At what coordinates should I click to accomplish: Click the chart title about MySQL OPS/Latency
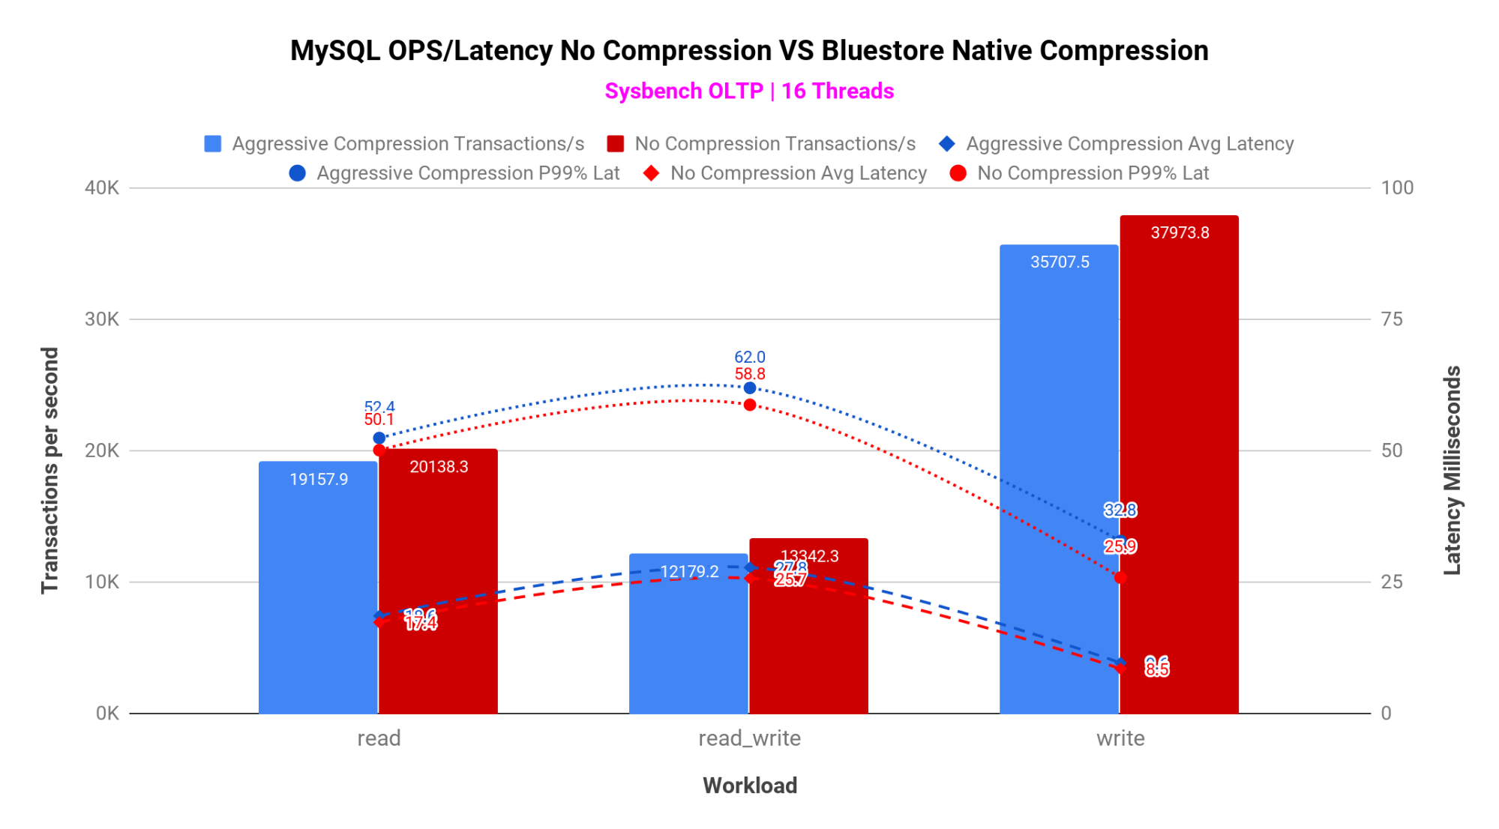click(749, 51)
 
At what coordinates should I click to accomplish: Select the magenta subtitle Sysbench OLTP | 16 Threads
click(749, 91)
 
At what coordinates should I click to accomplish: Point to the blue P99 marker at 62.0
click(750, 388)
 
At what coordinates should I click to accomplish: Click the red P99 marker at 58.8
click(750, 405)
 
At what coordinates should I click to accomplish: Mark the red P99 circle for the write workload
click(1120, 577)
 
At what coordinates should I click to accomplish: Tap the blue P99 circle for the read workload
click(379, 438)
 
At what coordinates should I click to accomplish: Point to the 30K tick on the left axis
click(102, 319)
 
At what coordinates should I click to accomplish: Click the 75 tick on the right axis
click(1392, 319)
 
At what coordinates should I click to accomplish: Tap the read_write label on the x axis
click(749, 738)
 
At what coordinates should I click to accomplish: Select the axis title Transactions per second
click(50, 471)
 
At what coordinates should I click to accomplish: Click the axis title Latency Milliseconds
click(1453, 471)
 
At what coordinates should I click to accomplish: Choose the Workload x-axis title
click(749, 786)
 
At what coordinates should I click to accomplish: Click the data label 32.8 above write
click(1120, 510)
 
